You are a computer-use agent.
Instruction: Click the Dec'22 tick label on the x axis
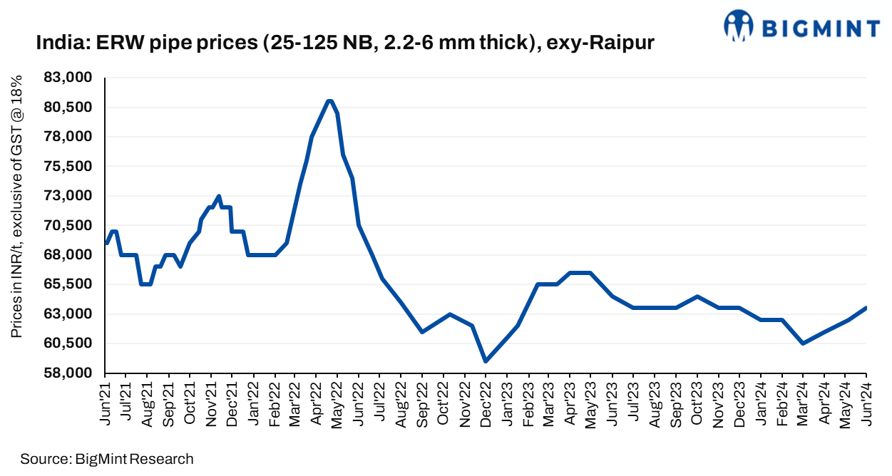point(486,404)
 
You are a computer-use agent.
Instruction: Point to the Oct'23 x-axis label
point(697,404)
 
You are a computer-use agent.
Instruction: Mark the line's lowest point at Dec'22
point(486,361)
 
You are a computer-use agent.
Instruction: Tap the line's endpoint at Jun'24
point(866,308)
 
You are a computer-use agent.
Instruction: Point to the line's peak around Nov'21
point(219,196)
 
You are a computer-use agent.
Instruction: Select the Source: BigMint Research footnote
point(107,459)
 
